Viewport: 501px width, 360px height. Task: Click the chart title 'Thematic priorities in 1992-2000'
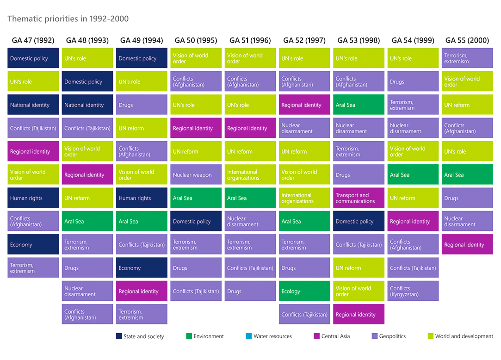coord(68,19)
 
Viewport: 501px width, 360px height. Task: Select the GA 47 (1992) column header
coord(33,40)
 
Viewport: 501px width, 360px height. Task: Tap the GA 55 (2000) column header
coord(467,40)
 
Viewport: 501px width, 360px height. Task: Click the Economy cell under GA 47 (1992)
coord(33,245)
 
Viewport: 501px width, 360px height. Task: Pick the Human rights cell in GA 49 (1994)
coord(141,198)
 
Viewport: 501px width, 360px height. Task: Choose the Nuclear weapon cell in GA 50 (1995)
coord(196,175)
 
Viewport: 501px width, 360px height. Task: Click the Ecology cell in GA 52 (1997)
coord(304,292)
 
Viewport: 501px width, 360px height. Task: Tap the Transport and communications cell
coord(359,198)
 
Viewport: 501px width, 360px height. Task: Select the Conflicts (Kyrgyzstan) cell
coord(413,292)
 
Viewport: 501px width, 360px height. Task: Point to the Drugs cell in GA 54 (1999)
coord(413,82)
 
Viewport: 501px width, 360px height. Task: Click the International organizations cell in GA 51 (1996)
coord(250,175)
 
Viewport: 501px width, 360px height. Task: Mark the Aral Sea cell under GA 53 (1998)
coord(359,105)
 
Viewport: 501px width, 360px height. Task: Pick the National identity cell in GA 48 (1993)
coord(87,105)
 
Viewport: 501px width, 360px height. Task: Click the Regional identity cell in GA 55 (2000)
coord(467,245)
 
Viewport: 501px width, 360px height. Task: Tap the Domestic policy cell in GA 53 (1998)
coord(359,222)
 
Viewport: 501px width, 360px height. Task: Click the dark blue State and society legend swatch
coord(119,336)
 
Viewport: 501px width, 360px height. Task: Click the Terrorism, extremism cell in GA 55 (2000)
coord(467,58)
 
